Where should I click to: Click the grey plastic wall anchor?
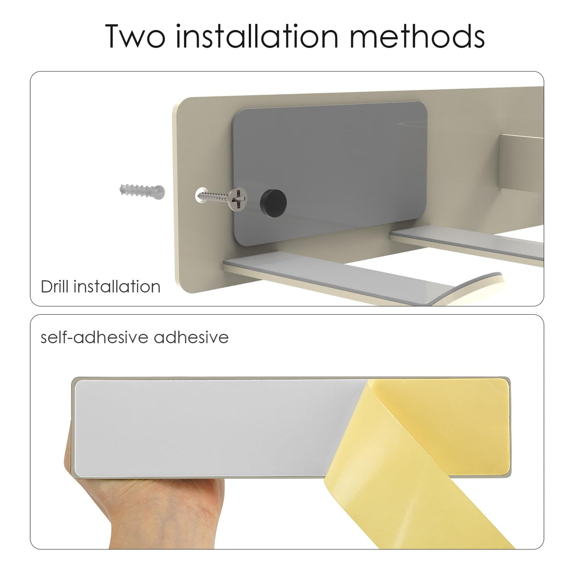pyautogui.click(x=142, y=192)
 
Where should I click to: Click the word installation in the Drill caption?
pyautogui.click(x=117, y=286)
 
